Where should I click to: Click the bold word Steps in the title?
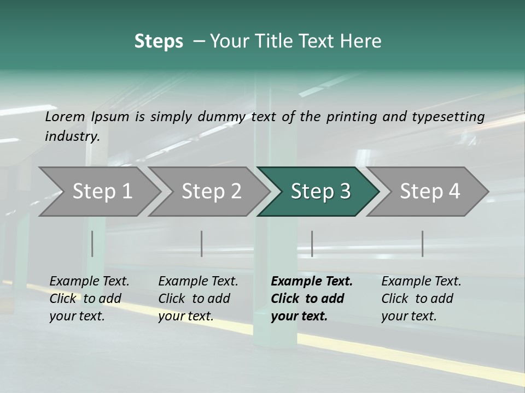pos(159,41)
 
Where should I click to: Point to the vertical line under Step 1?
pos(92,243)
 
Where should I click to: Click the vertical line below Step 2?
pos(202,243)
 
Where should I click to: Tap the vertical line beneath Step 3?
pos(312,243)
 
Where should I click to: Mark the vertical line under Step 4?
pos(422,243)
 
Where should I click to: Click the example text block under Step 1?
pos(89,299)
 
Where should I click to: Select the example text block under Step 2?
pos(198,299)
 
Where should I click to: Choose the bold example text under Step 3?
pos(312,299)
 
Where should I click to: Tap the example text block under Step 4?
pos(421,299)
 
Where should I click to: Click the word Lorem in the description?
pos(65,117)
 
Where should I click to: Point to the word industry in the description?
pos(72,136)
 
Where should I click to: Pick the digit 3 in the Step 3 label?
pos(345,192)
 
